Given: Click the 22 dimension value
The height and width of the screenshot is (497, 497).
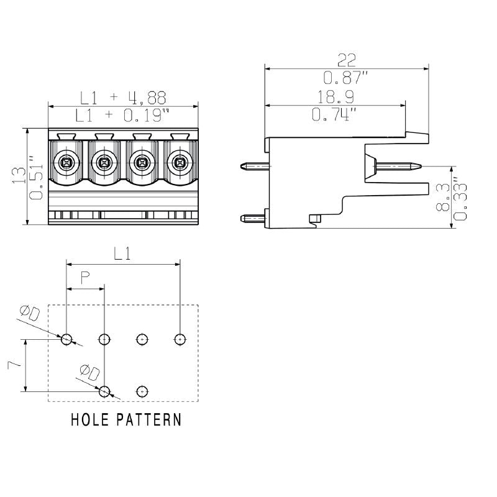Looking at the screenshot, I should (x=346, y=60).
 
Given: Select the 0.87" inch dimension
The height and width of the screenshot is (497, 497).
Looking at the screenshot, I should (x=346, y=78).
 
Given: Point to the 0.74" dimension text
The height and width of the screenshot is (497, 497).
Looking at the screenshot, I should (x=335, y=114).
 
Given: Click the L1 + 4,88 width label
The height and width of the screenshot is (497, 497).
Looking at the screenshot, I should (x=123, y=98).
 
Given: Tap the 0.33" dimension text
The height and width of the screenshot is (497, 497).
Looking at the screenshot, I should (x=460, y=198).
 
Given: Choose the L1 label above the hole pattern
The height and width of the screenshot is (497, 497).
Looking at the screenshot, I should (x=123, y=253).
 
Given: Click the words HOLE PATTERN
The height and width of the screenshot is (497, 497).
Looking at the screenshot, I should (x=126, y=419).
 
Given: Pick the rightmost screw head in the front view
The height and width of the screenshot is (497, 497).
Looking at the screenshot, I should (x=180, y=163).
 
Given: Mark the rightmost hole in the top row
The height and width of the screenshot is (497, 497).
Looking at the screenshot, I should (x=180, y=339).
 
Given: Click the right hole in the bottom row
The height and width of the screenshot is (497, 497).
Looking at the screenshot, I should (x=142, y=391).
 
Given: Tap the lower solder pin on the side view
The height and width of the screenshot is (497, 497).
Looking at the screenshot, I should (x=254, y=217).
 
